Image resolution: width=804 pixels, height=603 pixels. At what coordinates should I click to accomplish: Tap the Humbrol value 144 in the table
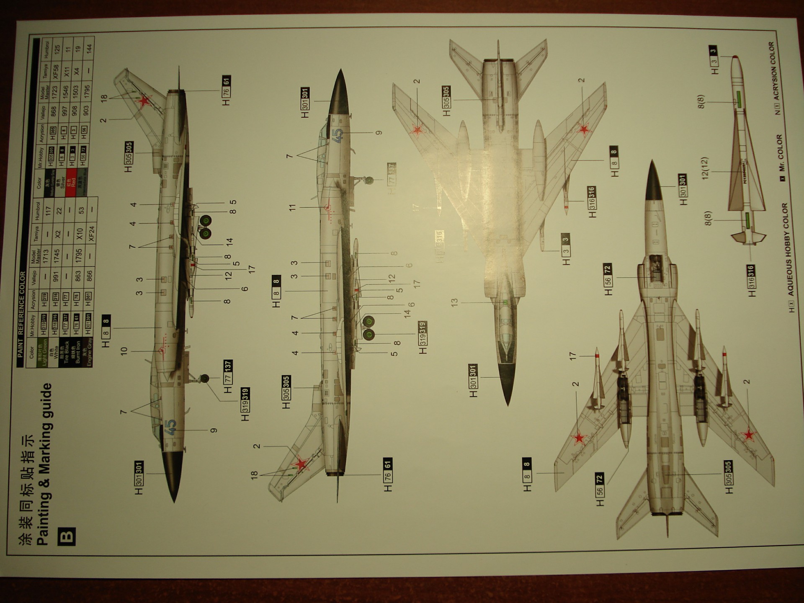pos(88,49)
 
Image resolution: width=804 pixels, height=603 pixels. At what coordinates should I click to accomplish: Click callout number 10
pos(124,351)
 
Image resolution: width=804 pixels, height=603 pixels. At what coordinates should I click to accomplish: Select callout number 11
pos(292,207)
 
